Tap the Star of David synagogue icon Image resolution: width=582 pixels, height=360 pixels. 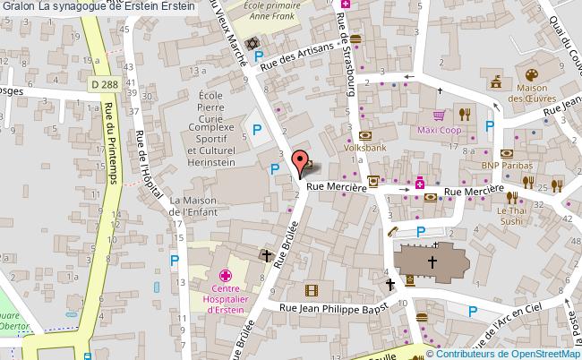point(252,44)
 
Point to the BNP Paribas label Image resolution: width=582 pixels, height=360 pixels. point(506,166)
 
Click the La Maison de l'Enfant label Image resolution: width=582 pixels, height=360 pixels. point(194,205)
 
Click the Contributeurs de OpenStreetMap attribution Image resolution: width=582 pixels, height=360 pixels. point(509,353)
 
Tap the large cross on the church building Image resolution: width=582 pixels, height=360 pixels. point(432,262)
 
